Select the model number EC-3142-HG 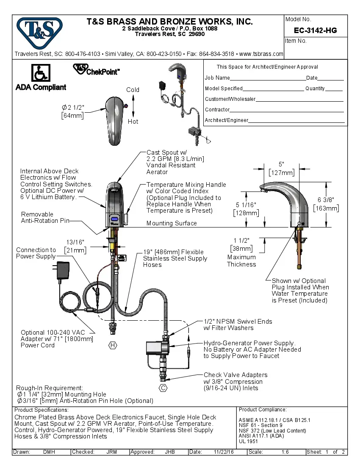pyautogui.click(x=315, y=31)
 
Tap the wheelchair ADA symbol pyautogui.click(x=41, y=73)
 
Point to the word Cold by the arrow pyautogui.click(x=133, y=90)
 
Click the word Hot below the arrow pyautogui.click(x=133, y=122)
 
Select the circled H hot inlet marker pyautogui.click(x=113, y=345)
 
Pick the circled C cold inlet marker pyautogui.click(x=163, y=388)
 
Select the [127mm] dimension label pyautogui.click(x=281, y=172)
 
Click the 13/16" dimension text pyautogui.click(x=75, y=242)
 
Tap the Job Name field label pyautogui.click(x=217, y=78)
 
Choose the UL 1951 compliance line pyautogui.click(x=248, y=441)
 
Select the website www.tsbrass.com pyautogui.click(x=261, y=54)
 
